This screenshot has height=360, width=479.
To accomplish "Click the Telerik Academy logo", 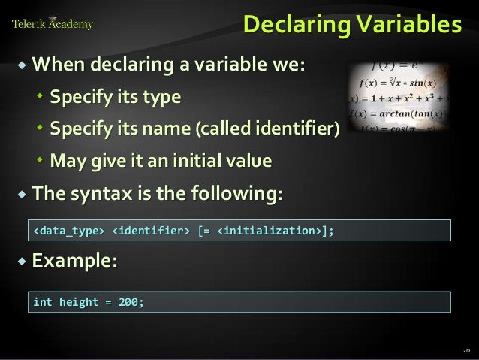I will point(53,24).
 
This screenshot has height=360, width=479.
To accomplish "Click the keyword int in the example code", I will point(42,302).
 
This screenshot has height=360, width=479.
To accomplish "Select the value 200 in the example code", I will point(129,302).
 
